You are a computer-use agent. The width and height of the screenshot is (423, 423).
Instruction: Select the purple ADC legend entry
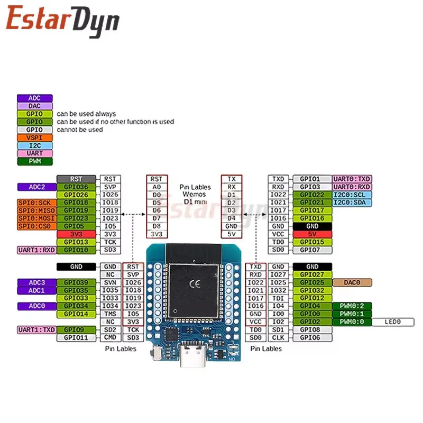[x=35, y=98]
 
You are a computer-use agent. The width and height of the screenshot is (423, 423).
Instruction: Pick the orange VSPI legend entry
[x=35, y=137]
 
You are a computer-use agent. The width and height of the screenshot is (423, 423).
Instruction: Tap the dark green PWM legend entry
[x=35, y=161]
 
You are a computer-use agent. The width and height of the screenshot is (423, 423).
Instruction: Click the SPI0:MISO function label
[x=35, y=210]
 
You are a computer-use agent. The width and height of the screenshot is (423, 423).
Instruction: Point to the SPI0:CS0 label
[x=35, y=226]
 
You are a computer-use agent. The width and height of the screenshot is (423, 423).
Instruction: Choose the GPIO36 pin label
[x=76, y=187]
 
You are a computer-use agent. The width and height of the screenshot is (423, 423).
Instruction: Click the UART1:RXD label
[x=35, y=250]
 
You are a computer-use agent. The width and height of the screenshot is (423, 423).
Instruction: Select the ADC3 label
[x=35, y=282]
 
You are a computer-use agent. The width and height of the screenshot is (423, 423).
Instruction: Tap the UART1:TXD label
[x=35, y=329]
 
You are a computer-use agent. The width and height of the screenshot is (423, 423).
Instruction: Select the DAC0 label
[x=352, y=282]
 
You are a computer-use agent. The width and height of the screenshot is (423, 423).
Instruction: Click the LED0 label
[x=392, y=321]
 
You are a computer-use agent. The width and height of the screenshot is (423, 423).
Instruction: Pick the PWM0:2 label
[x=352, y=306]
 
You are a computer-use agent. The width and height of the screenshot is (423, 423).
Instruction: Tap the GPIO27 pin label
[x=312, y=274]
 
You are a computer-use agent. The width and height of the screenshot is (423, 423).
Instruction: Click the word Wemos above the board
[x=195, y=194]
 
